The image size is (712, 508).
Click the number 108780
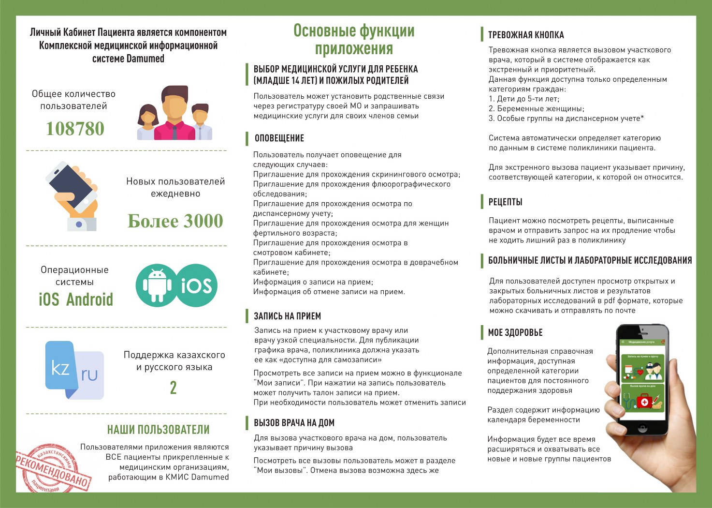[x=75, y=129]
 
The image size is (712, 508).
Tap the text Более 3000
[x=175, y=221]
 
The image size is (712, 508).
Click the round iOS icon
[x=196, y=285]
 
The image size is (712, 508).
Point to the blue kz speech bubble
[x=60, y=368]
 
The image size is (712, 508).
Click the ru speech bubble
[x=90, y=375]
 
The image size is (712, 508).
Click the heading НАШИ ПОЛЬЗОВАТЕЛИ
[x=158, y=430]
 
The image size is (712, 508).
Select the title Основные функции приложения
[x=354, y=40]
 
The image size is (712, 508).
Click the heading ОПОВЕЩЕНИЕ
[x=279, y=138]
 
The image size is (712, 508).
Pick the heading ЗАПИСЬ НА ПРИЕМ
[x=287, y=316]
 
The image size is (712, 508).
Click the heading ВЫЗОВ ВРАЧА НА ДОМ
[x=294, y=423]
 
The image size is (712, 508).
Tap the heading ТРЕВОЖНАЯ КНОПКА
[x=526, y=35]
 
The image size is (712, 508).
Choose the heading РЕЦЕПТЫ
[x=505, y=202]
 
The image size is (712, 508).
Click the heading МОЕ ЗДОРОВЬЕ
[x=515, y=333]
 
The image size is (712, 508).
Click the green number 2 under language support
[x=173, y=388]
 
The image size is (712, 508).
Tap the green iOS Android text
[x=76, y=299]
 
